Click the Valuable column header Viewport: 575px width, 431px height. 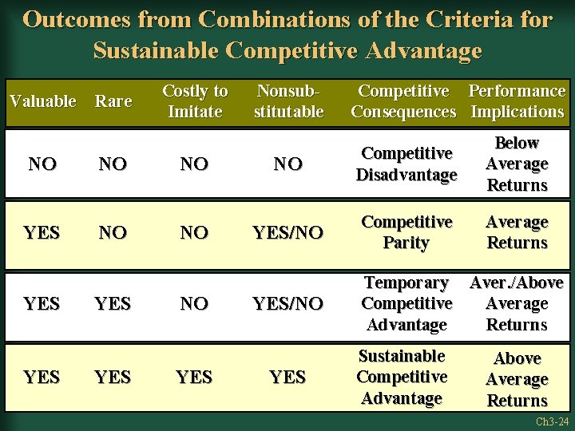tap(42, 101)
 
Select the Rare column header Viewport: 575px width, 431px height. tap(113, 101)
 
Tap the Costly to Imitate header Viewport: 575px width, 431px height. tap(195, 101)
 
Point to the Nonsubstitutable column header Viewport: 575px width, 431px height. tap(288, 101)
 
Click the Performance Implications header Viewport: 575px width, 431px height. tap(517, 101)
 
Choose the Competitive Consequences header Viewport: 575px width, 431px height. tap(404, 101)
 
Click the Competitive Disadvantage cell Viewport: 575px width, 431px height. tap(406, 164)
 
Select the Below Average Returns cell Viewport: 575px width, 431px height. tap(517, 164)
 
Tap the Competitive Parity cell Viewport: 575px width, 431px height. tap(406, 232)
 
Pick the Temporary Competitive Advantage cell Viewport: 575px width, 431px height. tap(406, 303)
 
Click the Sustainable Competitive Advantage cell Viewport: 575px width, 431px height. tap(401, 377)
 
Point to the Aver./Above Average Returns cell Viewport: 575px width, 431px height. tap(517, 303)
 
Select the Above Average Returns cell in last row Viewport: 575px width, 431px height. tap(517, 379)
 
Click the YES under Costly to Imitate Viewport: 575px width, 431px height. tap(194, 377)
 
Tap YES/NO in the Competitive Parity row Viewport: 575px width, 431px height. tap(287, 233)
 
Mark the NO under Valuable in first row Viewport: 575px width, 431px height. tap(42, 164)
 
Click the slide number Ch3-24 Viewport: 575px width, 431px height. tap(552, 421)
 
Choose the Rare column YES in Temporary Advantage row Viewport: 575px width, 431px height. tap(113, 304)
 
